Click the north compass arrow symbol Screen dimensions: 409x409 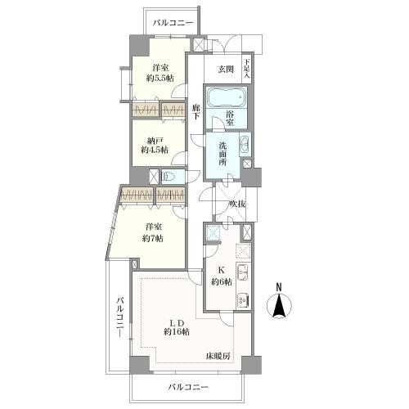pos(279,305)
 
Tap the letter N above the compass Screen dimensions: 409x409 pos(279,287)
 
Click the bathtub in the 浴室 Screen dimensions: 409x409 pos(227,97)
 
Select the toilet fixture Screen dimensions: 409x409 pos(169,177)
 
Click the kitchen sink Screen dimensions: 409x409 pos(243,272)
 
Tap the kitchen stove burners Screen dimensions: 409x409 pos(242,301)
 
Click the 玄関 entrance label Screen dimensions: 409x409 pos(226,70)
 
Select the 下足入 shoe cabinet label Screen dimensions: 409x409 pos(247,69)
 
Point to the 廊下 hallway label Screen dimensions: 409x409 pos(196,112)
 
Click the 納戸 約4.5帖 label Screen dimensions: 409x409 pos(155,146)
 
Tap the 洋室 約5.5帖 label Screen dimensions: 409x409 pos(160,73)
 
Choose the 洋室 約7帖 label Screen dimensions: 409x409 pos(153,232)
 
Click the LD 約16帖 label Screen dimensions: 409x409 pos(177,327)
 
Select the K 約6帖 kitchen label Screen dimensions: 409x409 pos(221,276)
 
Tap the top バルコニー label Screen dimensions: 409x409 pos(173,23)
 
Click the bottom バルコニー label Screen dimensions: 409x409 pos(188,387)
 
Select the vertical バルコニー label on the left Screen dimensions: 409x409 pos(120,317)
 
